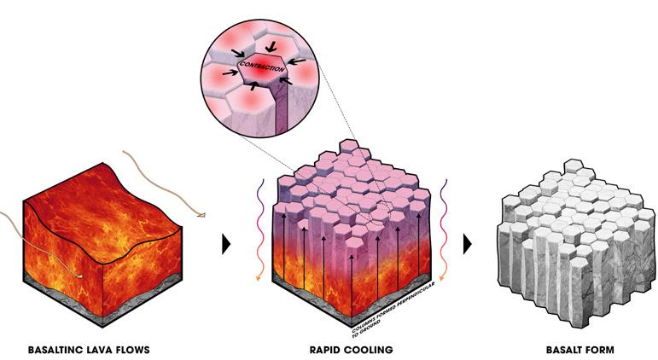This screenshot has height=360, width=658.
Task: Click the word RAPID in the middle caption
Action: tap(328, 350)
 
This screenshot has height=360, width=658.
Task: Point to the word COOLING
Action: tap(370, 350)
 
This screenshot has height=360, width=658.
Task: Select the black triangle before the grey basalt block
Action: tap(468, 244)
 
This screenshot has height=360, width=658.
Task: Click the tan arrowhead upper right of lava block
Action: tap(201, 216)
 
